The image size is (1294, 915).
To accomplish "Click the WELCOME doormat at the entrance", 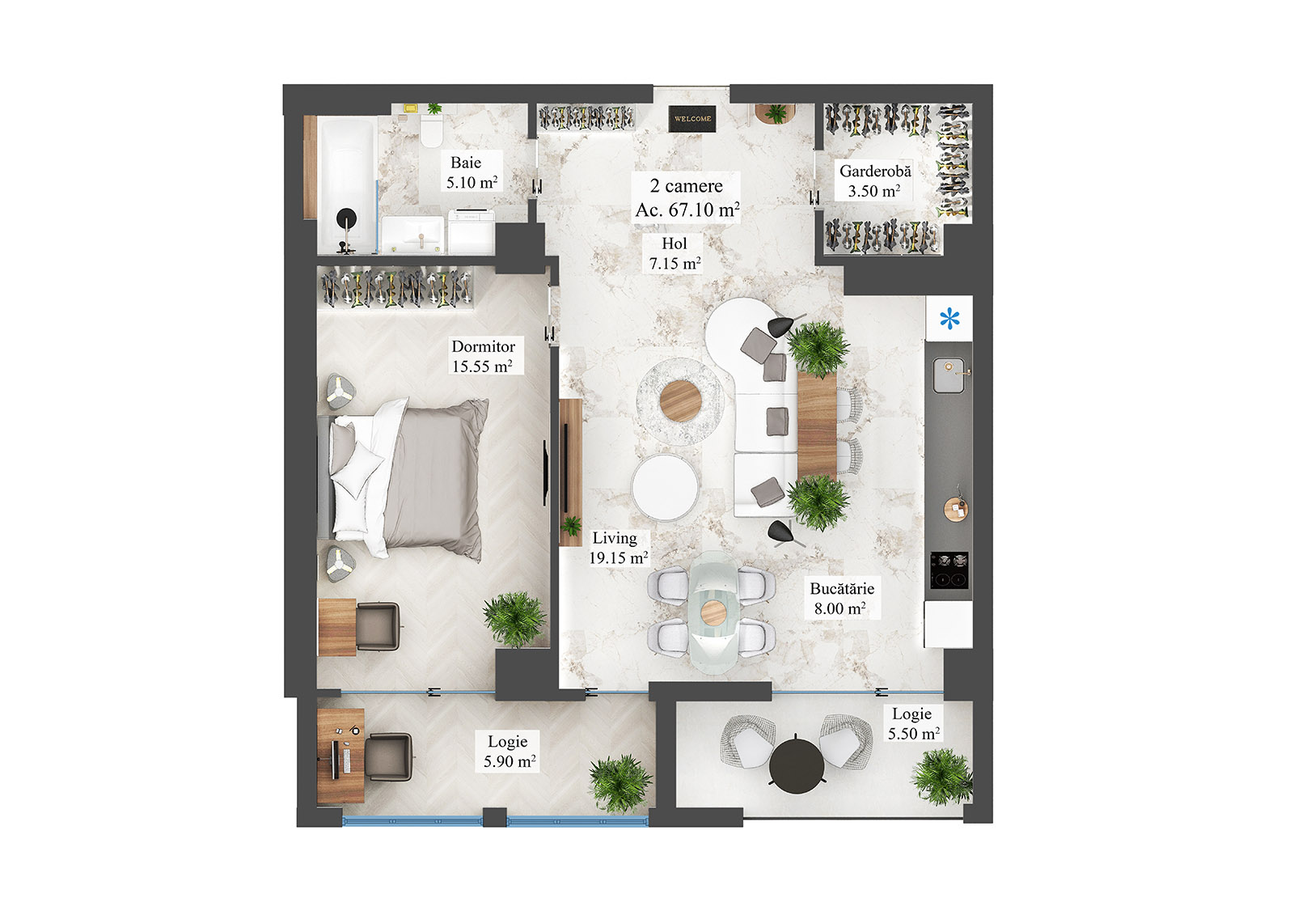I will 692,119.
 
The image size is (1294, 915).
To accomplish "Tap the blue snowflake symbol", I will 949,318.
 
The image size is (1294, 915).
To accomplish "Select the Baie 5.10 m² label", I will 472,172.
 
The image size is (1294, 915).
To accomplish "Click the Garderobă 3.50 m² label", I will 874,181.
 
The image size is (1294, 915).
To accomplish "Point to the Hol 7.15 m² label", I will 674,253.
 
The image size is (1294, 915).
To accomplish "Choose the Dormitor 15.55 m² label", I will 483,356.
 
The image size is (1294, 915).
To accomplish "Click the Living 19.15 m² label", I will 617,548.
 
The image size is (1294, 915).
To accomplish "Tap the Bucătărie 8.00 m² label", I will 841,599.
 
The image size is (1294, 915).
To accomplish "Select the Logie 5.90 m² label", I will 509,752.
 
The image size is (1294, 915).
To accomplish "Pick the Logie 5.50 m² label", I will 913,724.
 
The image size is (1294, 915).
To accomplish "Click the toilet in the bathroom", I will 431,129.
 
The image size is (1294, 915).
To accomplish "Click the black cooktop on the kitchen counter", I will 949,570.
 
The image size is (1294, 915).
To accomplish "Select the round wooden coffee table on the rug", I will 679,400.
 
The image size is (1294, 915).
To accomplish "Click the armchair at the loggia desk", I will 388,757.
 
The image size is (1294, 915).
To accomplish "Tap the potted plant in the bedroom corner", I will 514,619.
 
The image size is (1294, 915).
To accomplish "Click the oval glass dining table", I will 713,612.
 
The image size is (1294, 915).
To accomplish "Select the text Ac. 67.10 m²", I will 687,210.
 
